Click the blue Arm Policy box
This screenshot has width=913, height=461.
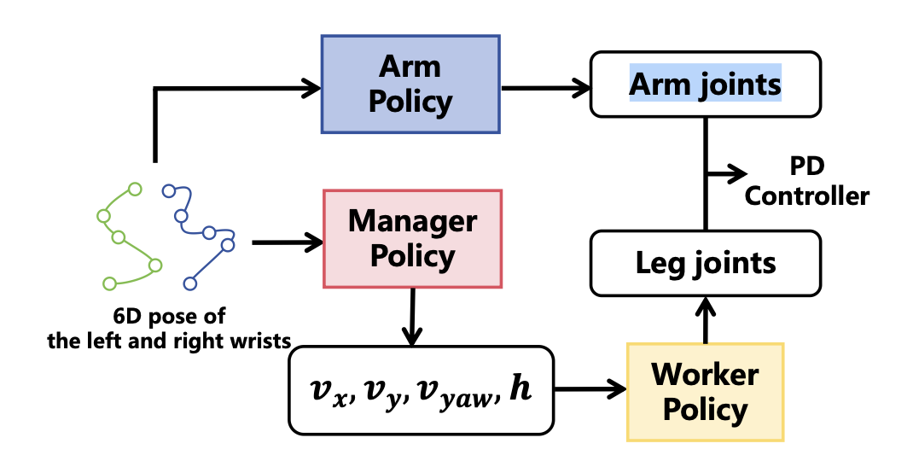[x=410, y=85]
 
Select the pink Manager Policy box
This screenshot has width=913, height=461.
[x=412, y=239]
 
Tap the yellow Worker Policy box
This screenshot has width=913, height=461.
[x=705, y=392]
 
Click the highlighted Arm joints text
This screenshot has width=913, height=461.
[x=705, y=84]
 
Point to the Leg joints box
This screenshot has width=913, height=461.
[x=705, y=264]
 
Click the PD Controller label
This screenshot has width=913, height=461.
[x=807, y=181]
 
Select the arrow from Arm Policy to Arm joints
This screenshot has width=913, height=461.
[x=545, y=88]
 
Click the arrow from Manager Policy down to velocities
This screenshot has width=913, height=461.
[x=412, y=317]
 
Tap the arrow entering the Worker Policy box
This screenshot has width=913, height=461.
[x=590, y=388]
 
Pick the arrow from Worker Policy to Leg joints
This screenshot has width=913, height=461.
[x=705, y=320]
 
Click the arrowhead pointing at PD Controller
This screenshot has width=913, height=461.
[x=736, y=173]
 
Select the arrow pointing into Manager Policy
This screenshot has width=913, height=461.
[x=288, y=242]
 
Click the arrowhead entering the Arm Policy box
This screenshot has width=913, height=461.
[x=311, y=89]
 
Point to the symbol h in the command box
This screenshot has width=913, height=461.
[x=520, y=387]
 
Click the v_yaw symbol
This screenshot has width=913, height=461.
[x=455, y=394]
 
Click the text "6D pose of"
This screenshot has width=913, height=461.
[x=169, y=317]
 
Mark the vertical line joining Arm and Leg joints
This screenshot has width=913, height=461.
[x=706, y=174]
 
